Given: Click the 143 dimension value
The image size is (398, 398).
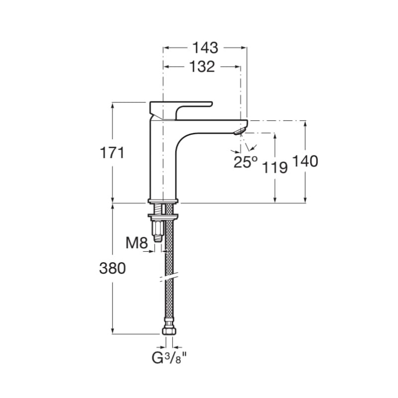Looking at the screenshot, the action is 205,47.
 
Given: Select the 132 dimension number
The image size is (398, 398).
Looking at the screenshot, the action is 202,67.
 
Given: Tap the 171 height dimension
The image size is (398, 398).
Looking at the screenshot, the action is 112,153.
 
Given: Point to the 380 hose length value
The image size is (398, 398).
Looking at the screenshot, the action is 112,268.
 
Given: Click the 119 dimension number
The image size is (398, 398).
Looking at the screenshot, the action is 275,168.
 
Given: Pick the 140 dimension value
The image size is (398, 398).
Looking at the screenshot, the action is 305,161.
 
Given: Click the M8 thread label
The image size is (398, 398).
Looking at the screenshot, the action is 136,243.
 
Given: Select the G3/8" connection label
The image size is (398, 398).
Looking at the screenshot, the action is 169,358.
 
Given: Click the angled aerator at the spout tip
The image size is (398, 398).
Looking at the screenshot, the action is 240,131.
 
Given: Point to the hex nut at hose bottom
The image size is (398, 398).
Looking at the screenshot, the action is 169,331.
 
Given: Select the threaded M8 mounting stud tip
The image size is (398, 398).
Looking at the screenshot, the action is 158,239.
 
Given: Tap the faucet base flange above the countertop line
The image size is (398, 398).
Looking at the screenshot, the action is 163,201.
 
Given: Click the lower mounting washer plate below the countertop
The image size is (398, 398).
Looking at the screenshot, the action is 163,216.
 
